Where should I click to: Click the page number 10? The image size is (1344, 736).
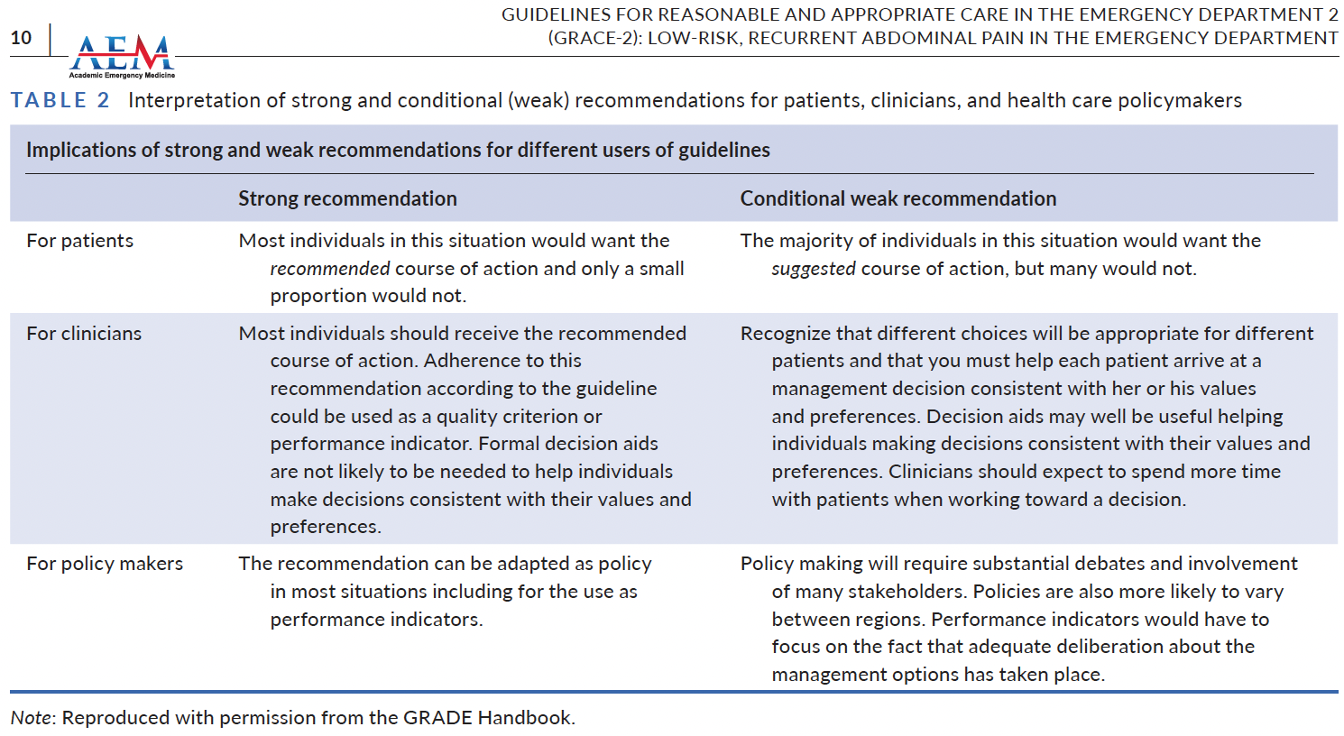21,38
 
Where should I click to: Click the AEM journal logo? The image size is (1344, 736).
123,56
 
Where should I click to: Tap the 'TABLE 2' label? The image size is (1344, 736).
60,100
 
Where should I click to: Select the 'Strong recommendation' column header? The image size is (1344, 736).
347,198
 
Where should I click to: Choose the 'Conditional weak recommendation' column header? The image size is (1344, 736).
898,198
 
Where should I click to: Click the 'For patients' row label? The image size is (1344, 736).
79,241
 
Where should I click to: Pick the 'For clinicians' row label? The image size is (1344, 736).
84,334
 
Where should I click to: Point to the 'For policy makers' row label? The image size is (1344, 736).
105,564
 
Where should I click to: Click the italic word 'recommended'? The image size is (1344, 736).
329,269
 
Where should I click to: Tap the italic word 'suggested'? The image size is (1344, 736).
813,269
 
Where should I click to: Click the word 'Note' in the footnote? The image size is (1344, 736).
32,718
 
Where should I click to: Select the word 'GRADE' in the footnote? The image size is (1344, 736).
437,718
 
